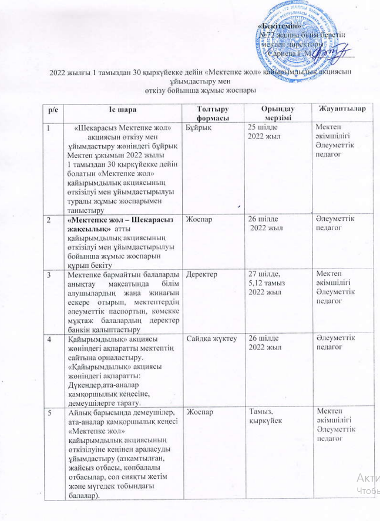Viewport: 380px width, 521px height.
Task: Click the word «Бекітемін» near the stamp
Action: [279, 26]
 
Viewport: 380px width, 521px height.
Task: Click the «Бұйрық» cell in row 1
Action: [197, 127]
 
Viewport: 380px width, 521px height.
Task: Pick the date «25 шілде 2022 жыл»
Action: [265, 132]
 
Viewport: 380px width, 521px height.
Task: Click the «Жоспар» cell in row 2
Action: [198, 220]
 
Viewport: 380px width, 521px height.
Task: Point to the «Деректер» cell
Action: [201, 275]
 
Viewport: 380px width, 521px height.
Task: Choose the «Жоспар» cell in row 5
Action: [198, 413]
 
